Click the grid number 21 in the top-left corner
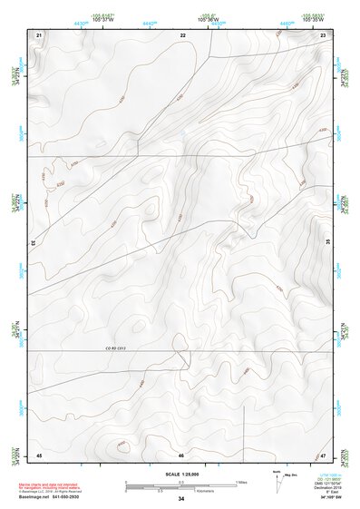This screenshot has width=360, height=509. [39, 34]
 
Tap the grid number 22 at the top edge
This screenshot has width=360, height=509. [182, 34]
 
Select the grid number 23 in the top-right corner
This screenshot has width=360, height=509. [324, 34]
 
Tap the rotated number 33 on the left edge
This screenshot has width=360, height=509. [33, 242]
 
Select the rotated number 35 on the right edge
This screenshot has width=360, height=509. [329, 242]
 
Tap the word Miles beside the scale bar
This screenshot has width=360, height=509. [240, 482]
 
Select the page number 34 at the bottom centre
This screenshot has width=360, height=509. [181, 499]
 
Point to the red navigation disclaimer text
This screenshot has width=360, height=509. [50, 483]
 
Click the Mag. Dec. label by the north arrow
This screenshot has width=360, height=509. [293, 475]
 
